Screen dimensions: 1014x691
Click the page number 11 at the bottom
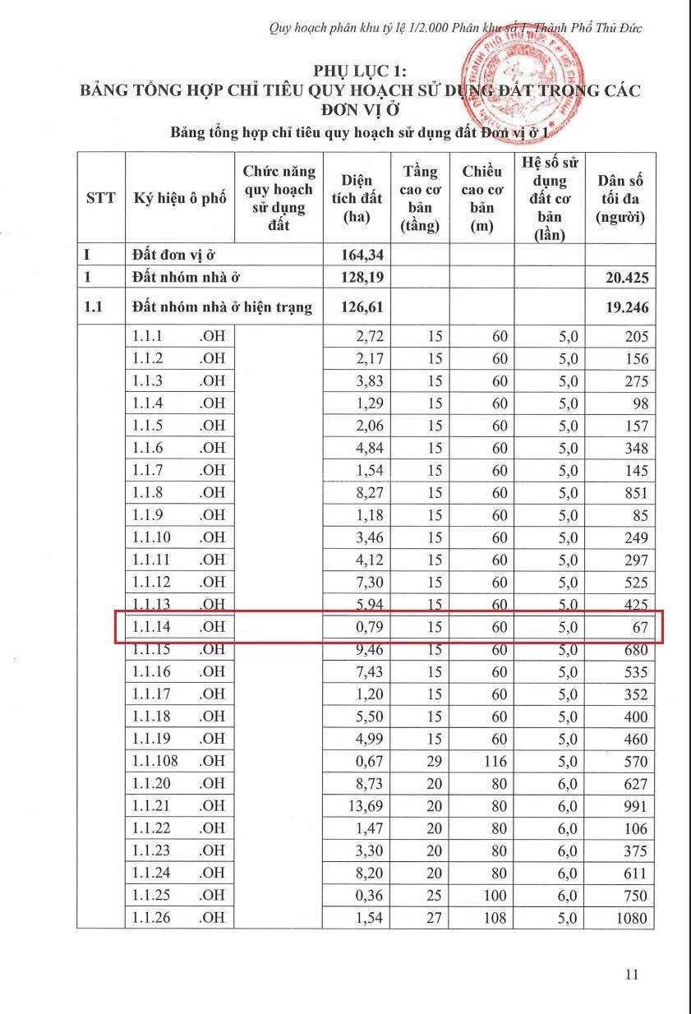(x=631, y=975)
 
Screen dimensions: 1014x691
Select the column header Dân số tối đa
(x=620, y=198)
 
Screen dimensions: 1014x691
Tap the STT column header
(x=100, y=198)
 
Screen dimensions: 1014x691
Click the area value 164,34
(x=362, y=255)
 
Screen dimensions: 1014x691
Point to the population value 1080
(x=632, y=918)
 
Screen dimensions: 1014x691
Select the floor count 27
(x=435, y=918)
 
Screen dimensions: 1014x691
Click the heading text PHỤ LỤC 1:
(x=359, y=71)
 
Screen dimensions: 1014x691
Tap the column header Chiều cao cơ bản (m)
(x=481, y=198)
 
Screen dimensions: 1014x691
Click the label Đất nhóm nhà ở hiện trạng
(x=222, y=308)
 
